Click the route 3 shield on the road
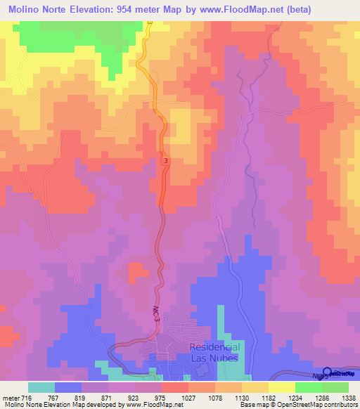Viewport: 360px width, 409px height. pos(166,161)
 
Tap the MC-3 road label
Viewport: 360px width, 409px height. pos(157,312)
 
